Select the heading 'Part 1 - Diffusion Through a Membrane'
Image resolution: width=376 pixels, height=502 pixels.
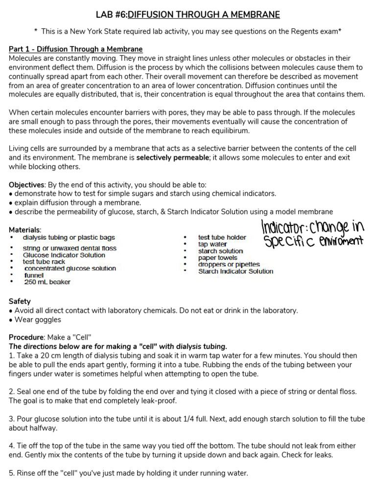pyautogui.click(x=76, y=49)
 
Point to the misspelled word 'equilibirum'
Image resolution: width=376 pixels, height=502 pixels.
pyautogui.click(x=217, y=130)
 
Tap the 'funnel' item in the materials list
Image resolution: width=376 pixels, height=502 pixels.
pyautogui.click(x=34, y=275)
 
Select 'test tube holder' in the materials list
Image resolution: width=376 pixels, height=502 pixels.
pyautogui.click(x=222, y=237)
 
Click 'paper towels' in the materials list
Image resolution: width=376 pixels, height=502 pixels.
pyautogui.click(x=218, y=257)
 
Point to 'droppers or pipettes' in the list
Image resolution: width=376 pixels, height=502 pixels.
pyautogui.click(x=229, y=264)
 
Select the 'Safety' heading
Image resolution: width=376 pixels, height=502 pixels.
pyautogui.click(x=20, y=301)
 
